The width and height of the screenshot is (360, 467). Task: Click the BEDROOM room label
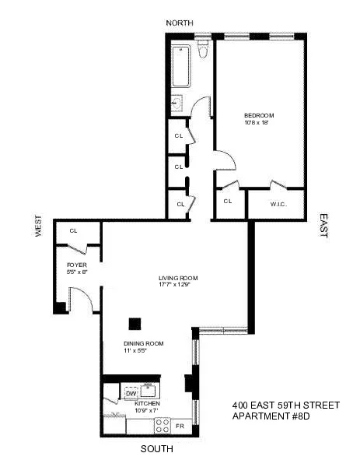[259, 116]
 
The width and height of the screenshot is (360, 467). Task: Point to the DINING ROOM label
[144, 343]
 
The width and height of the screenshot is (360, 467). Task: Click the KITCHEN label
[147, 404]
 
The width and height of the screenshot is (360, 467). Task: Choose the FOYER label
[77, 265]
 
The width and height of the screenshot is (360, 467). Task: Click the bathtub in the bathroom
[180, 66]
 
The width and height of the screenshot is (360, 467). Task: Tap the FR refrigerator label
[180, 427]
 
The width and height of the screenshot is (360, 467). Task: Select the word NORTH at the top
[180, 23]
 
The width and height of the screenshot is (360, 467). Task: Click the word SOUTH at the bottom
[156, 450]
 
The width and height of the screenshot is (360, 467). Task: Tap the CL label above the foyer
[74, 230]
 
